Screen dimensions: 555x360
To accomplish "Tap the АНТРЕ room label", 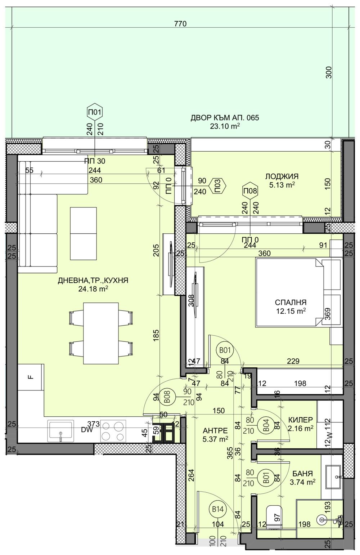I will click(215, 430).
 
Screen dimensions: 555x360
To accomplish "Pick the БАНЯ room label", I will click(302, 474).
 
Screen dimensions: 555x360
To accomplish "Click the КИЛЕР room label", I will click(301, 420).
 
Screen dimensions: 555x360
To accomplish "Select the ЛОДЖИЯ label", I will click(282, 176).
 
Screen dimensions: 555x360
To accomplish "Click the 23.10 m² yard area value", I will click(225, 126).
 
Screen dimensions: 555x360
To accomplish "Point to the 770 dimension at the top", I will click(180, 24).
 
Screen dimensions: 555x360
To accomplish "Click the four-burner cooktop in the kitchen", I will click(113, 431).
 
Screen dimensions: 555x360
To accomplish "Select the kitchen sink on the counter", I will click(60, 431).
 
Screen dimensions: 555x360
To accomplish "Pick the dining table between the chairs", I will click(101, 333).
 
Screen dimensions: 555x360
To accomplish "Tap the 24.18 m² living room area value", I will click(93, 288).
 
